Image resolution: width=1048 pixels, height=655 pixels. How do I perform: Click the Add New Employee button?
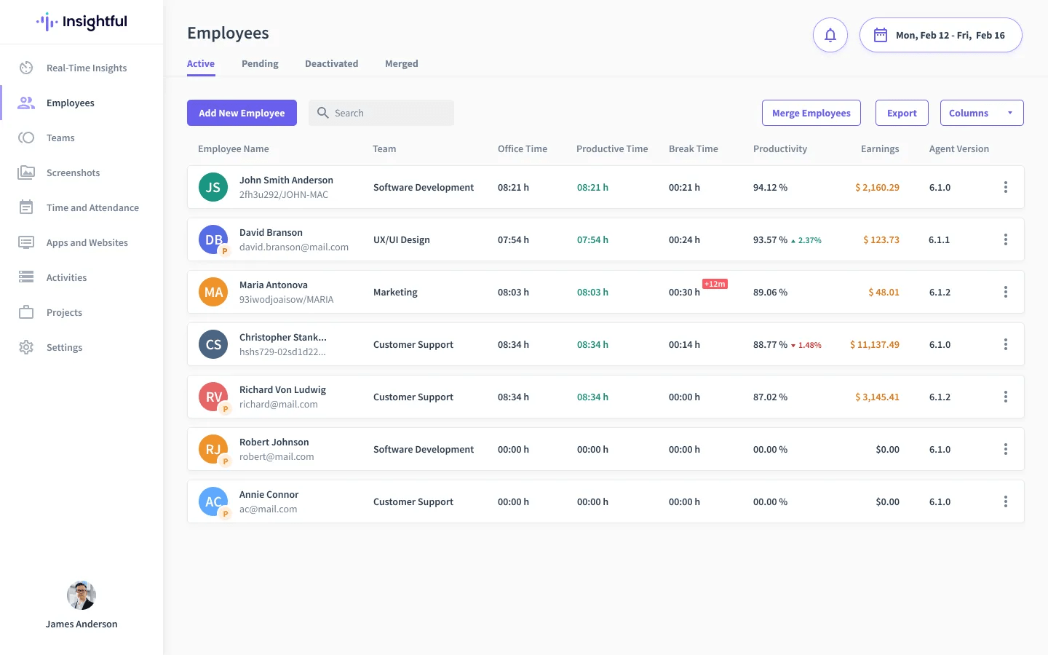pos(242,113)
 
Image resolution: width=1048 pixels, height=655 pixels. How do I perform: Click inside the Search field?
pos(381,113)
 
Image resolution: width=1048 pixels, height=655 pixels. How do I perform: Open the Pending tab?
pos(260,63)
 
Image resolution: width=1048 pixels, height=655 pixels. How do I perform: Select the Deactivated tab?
pos(331,63)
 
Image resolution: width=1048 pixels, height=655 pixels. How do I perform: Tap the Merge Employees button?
pos(811,113)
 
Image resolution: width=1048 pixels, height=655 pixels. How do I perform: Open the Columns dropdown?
pos(982,113)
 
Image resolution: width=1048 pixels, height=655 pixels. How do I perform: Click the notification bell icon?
pos(830,35)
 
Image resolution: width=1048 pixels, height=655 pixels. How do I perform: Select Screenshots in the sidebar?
pos(73,172)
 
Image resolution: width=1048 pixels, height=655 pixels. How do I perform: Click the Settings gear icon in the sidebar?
pos(26,347)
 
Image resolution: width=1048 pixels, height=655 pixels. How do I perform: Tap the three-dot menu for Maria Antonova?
pos(1006,292)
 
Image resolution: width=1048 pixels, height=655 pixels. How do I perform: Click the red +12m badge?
pos(715,284)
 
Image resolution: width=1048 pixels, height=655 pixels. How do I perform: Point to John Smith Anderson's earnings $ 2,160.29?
pos(877,187)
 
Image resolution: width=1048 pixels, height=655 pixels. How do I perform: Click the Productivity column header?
pos(780,148)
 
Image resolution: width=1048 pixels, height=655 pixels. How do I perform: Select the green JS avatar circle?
pos(213,187)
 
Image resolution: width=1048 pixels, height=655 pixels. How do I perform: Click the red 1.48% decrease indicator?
pos(806,345)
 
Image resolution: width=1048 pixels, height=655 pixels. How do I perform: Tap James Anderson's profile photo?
pos(82,595)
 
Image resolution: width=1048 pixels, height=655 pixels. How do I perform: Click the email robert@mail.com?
pos(277,456)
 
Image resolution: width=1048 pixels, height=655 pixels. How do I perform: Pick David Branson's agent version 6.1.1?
pos(939,239)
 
